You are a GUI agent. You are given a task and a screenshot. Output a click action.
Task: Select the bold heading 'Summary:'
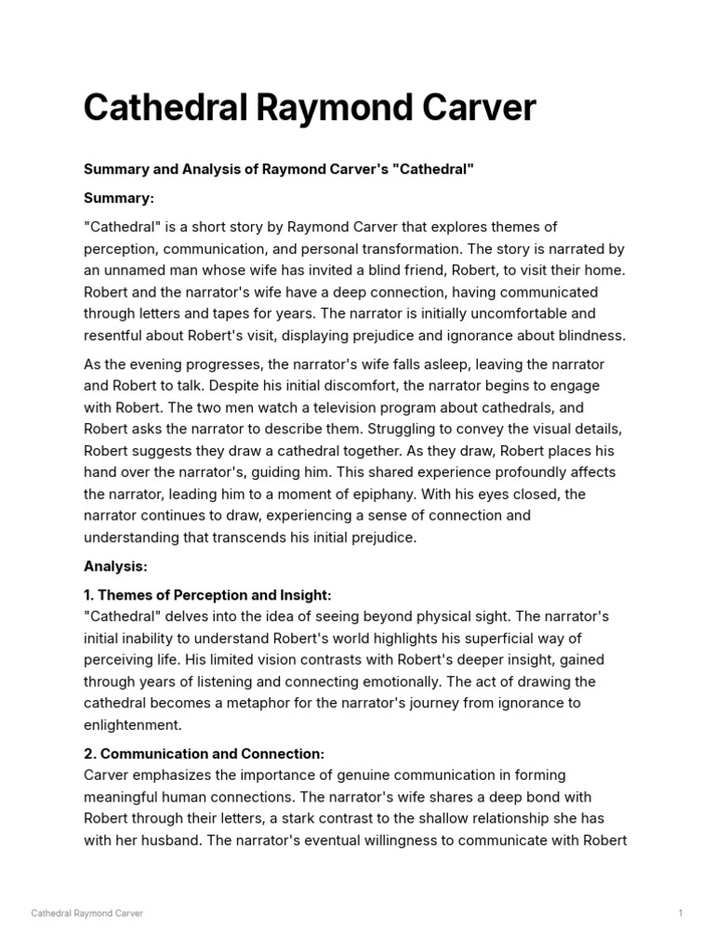click(119, 198)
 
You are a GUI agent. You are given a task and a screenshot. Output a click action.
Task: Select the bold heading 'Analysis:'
click(115, 566)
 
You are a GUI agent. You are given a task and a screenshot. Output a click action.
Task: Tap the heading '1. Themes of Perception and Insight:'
click(207, 595)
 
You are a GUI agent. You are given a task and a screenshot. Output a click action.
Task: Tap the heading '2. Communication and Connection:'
click(204, 754)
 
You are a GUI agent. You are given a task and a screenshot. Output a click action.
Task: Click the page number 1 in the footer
click(681, 914)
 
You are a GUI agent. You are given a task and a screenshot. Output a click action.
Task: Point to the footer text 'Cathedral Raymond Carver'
click(86, 914)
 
